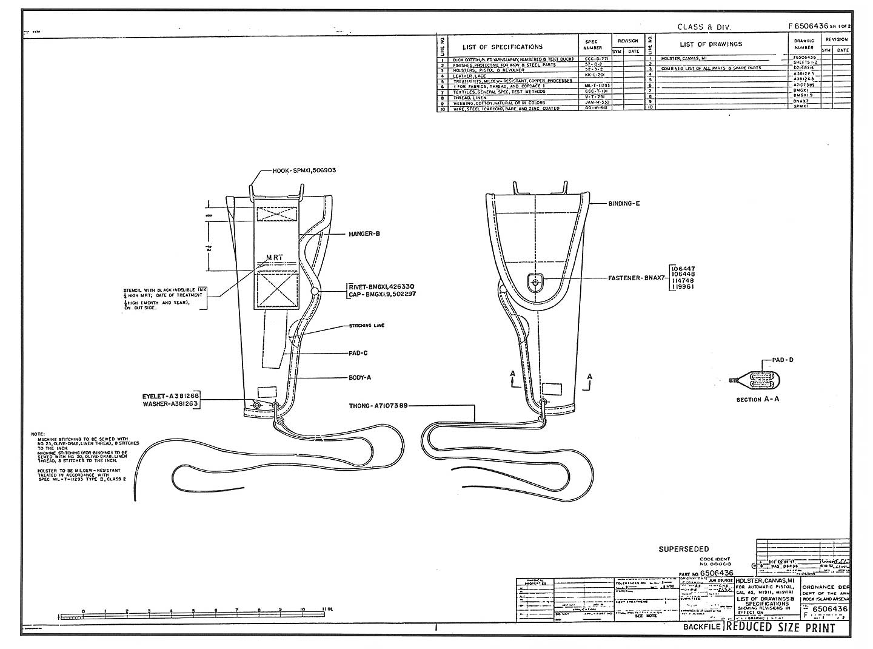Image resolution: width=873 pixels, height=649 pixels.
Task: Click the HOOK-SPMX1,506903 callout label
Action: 304,170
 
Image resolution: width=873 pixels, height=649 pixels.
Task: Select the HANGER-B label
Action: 364,234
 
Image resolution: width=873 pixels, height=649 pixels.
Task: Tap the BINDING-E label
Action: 624,204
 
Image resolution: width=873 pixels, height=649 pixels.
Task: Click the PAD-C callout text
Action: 358,353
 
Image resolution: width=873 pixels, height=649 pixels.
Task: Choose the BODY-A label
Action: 360,377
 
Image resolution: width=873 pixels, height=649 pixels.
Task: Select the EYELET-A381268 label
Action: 170,395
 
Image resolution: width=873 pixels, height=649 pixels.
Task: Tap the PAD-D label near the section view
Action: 783,360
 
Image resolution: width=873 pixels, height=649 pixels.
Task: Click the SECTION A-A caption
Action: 757,400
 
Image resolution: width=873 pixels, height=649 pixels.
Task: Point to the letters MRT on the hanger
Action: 275,258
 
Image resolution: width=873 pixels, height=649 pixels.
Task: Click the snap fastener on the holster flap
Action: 534,281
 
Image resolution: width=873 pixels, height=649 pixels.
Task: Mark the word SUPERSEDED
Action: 683,550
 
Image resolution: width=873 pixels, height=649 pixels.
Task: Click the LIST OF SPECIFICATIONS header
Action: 503,47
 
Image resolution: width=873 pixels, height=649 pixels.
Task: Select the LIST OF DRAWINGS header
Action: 711,44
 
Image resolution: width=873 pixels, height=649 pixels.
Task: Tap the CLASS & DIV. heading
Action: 704,27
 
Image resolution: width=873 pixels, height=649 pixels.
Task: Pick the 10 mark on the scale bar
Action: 303,611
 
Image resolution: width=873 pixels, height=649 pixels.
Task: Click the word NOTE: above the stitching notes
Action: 38,434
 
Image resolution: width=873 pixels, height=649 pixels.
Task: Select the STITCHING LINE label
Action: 366,326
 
